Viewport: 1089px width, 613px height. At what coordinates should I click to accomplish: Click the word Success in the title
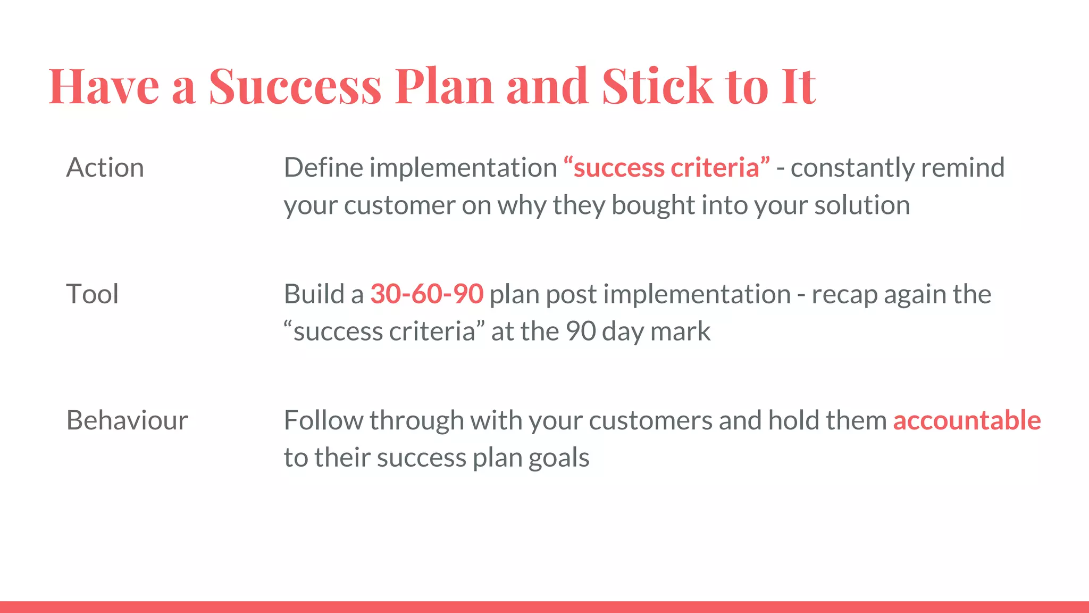[x=295, y=86]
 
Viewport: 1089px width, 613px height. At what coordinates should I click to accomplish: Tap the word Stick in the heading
[x=657, y=86]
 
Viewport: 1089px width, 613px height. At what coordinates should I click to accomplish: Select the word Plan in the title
[x=444, y=86]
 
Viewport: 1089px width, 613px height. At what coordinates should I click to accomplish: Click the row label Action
[x=105, y=168]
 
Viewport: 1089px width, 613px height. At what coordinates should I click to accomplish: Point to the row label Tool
[x=92, y=294]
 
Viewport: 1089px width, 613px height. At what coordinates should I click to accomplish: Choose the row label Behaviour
[x=127, y=420]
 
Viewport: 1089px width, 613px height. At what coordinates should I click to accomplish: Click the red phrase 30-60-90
[x=426, y=294]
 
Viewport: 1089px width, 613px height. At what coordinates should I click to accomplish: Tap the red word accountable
[x=966, y=420]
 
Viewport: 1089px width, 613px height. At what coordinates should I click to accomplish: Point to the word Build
[x=314, y=294]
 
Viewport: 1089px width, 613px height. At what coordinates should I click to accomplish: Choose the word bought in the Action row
[x=652, y=205]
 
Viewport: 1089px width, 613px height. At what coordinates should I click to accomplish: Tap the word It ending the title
[x=798, y=86]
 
